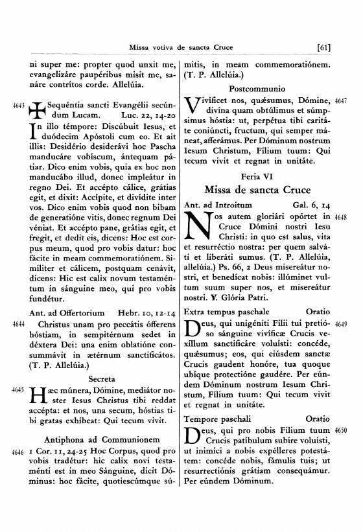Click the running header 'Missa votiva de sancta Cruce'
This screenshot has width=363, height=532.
(181, 47)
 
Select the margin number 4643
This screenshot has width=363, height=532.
(19, 104)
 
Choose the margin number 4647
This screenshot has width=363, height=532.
(342, 101)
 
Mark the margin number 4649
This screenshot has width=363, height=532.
(342, 324)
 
